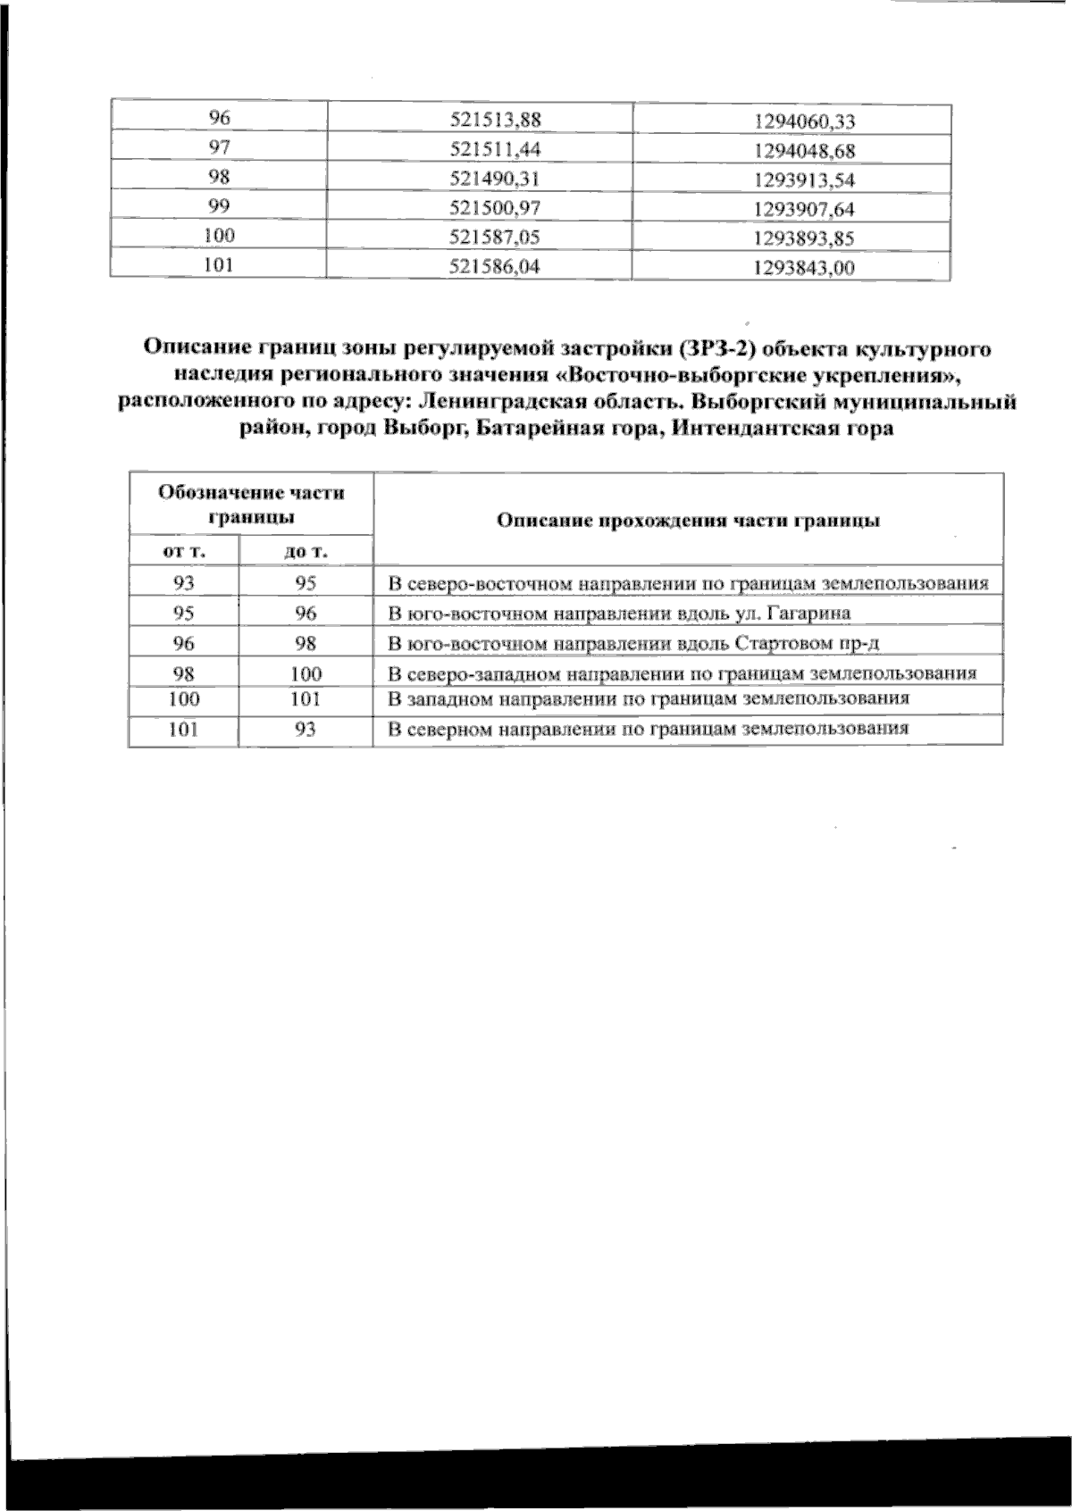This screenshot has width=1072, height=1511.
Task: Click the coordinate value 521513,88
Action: click(497, 120)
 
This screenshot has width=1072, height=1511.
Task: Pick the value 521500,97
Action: click(497, 208)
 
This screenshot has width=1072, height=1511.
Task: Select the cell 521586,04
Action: click(497, 266)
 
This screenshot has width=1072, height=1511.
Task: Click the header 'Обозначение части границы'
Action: click(251, 505)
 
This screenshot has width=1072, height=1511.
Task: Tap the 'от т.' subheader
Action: click(184, 551)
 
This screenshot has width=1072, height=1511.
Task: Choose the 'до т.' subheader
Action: click(306, 552)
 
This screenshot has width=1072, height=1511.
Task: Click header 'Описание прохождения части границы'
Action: click(688, 521)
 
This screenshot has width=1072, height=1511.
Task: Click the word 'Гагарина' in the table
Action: click(809, 614)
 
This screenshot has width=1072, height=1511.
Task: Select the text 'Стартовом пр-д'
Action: click(808, 643)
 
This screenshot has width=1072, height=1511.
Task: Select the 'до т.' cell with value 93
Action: click(306, 730)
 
